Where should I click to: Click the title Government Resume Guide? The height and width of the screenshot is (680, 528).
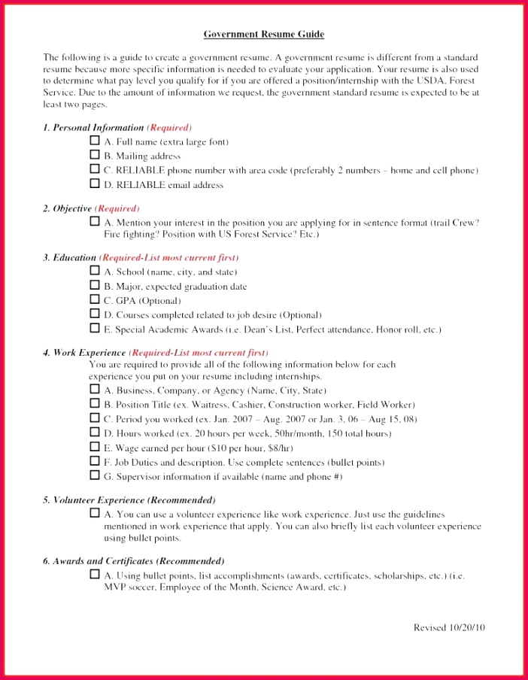[x=264, y=35]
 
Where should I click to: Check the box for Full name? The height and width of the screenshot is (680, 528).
[x=95, y=141]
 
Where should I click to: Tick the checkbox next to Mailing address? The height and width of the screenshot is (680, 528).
[x=95, y=155]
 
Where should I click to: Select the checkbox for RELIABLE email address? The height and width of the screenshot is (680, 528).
[x=95, y=184]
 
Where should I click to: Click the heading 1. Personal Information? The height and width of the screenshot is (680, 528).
[x=93, y=128]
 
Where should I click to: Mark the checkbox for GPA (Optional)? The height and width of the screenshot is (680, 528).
[x=95, y=299]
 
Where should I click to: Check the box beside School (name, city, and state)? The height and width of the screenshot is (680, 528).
[x=95, y=271]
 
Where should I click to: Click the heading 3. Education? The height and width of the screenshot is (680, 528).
[x=69, y=257]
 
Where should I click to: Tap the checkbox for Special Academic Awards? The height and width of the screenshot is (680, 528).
[x=95, y=328]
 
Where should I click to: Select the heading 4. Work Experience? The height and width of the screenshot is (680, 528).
[x=85, y=352]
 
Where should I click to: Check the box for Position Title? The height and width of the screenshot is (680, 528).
[x=95, y=403]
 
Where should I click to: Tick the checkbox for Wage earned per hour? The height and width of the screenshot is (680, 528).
[x=95, y=446]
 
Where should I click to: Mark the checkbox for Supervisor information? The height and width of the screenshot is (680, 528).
[x=95, y=475]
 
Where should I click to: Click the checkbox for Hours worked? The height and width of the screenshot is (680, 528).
[x=95, y=432]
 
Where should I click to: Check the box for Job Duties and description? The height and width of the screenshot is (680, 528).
[x=95, y=460]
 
